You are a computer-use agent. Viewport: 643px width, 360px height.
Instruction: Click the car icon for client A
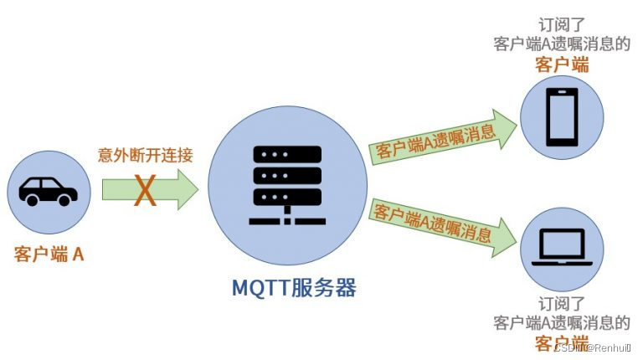48,190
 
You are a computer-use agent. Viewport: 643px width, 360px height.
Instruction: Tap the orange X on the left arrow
146,190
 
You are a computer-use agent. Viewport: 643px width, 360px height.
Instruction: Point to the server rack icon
286,184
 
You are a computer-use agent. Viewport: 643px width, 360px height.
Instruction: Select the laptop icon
562,245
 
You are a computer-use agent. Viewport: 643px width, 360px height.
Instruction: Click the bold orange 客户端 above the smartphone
562,64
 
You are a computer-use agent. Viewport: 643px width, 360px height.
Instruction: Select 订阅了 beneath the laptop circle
562,303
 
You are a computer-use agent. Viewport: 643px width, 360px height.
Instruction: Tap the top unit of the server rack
286,155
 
